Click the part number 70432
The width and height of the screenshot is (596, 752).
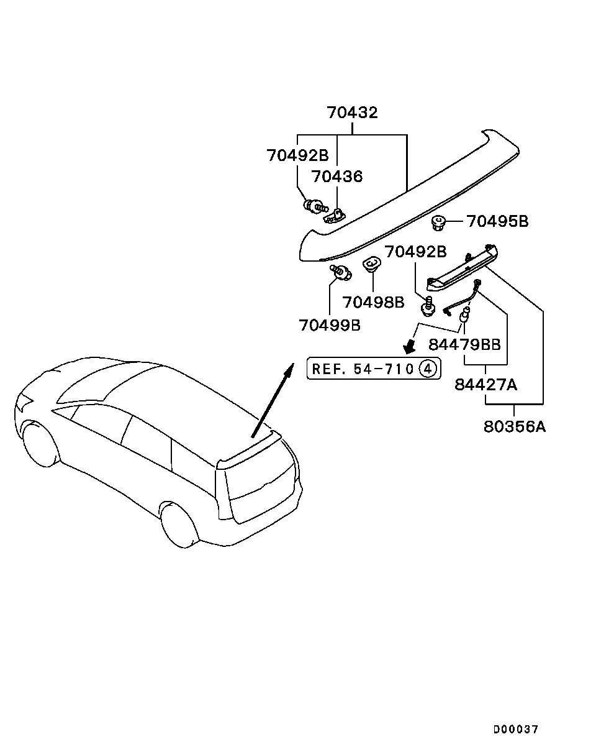tap(352, 112)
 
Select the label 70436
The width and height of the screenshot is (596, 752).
tap(337, 177)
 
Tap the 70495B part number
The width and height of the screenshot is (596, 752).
tap(497, 221)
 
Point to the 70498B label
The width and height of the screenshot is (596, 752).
tap(373, 302)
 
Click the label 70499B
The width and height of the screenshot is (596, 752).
tap(330, 325)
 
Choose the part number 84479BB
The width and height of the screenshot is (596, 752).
tap(464, 344)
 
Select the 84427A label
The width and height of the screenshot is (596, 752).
tap(485, 385)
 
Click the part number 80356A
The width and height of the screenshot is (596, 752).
tap(514, 427)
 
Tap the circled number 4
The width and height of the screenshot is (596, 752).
tap(428, 369)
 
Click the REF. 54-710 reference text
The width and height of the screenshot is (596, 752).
tap(363, 369)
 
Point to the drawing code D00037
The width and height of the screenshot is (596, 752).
tap(516, 729)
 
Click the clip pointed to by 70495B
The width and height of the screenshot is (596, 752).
tap(438, 222)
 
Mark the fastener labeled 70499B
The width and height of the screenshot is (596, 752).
tap(341, 272)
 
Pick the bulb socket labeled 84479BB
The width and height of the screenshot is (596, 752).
tap(464, 314)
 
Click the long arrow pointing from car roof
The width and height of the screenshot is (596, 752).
tap(273, 400)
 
